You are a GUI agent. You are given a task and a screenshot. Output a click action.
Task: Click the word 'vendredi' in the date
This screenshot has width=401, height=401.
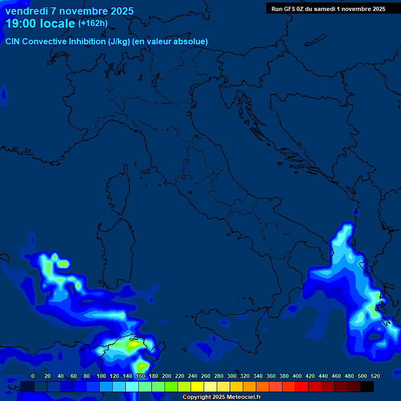pyautogui.click(x=26, y=11)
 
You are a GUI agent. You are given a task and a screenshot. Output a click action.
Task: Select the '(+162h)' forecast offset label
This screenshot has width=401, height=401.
pyautogui.click(x=92, y=23)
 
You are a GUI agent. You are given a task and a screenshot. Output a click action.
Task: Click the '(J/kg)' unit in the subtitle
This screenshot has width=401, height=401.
pyautogui.click(x=120, y=41)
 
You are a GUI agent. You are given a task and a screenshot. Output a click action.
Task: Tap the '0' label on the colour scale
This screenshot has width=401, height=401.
pyautogui.click(x=33, y=376)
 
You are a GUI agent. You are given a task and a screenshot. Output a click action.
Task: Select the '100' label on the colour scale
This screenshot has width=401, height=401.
pyautogui.click(x=101, y=376)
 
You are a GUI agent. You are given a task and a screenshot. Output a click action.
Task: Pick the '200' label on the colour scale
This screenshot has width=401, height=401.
pyautogui.click(x=167, y=376)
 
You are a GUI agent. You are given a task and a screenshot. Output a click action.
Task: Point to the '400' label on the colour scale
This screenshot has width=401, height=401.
pyautogui.click(x=297, y=376)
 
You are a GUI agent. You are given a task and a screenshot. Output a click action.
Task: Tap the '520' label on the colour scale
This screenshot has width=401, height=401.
pyautogui.click(x=375, y=376)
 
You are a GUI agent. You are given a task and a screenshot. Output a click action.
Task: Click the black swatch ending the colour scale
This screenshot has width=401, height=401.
pyautogui.click(x=367, y=386)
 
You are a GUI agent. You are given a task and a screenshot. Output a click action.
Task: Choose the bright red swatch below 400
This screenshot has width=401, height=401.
pyautogui.click(x=302, y=386)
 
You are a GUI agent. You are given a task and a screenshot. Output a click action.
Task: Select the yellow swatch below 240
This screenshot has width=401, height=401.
pyautogui.click(x=197, y=386)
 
